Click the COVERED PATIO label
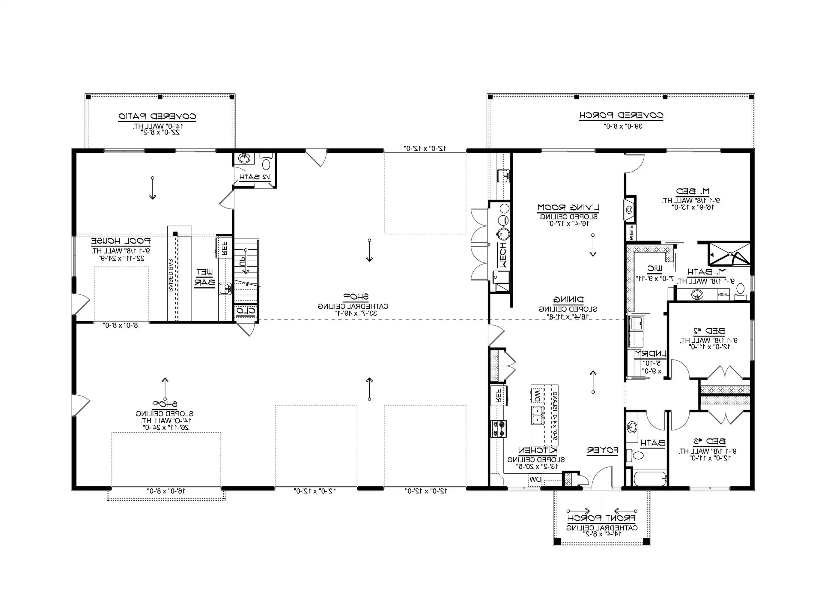coord(157,117)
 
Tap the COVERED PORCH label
coord(621,115)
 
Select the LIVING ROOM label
coord(568,208)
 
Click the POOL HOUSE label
coord(121,241)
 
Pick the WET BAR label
coord(204,277)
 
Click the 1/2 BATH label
coord(255,177)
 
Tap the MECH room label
coord(502,255)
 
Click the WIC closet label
coord(654,269)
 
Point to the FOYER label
coord(602,451)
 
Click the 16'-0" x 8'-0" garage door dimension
coord(166,491)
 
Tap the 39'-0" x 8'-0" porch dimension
coord(623,126)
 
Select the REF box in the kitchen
coord(499,395)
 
